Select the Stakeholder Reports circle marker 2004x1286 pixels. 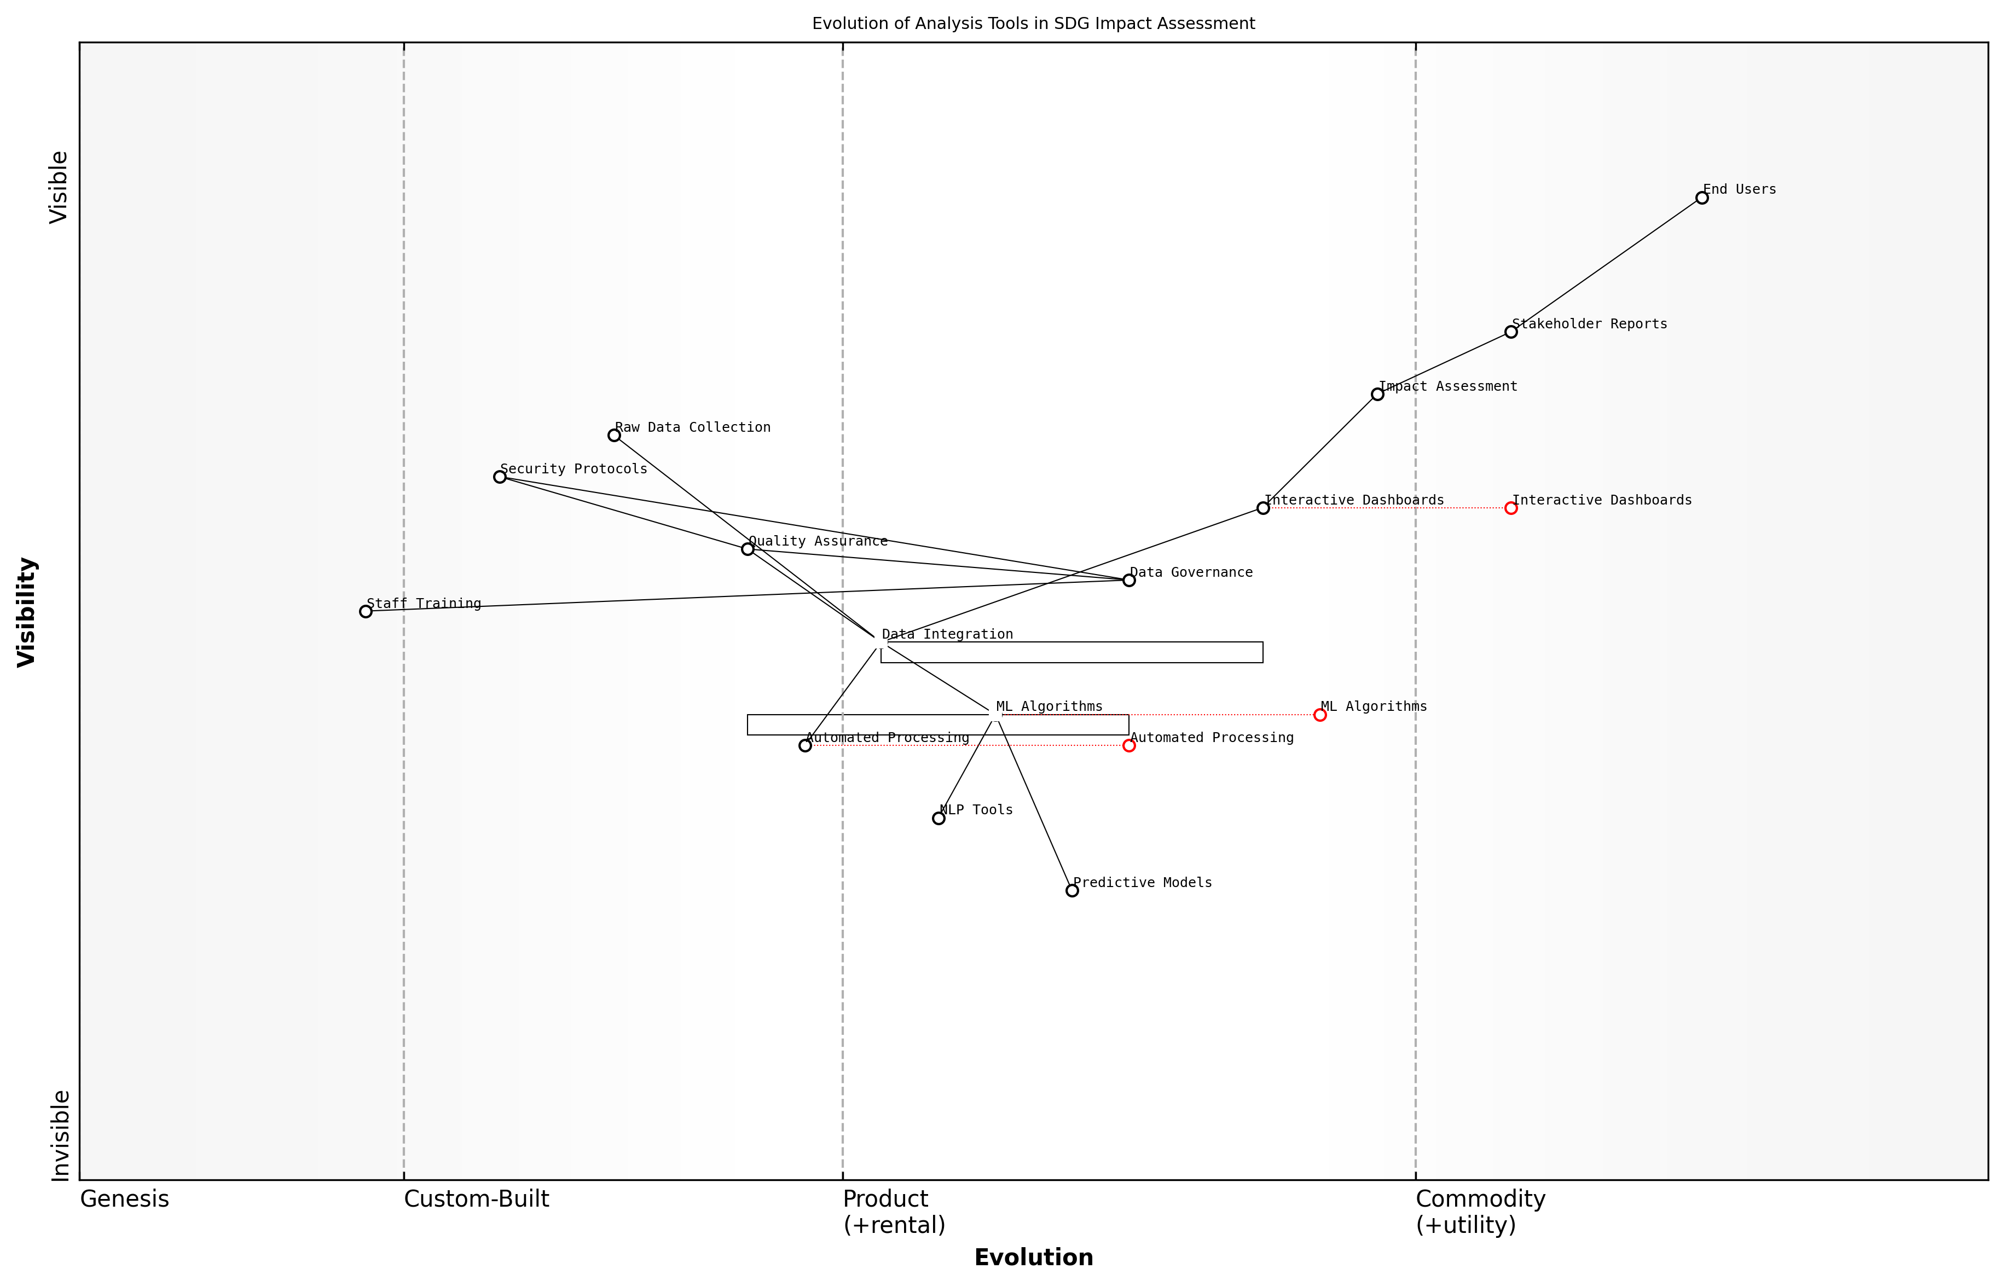coord(1510,332)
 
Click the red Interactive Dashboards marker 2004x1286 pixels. coord(1510,508)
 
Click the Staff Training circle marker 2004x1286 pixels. coord(366,611)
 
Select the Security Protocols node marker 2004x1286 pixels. coord(499,477)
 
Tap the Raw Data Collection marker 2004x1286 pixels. coord(613,435)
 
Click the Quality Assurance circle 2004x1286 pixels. coord(748,549)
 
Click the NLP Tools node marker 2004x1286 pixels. coord(939,818)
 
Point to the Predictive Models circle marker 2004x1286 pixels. coord(1072,890)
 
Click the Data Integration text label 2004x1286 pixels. coord(947,635)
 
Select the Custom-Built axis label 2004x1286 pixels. coord(476,1199)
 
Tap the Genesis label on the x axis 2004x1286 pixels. coord(124,1199)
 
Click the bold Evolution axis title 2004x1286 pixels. coord(1033,1258)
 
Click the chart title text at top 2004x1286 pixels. coord(1033,24)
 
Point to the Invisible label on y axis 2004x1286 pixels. coord(59,1136)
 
